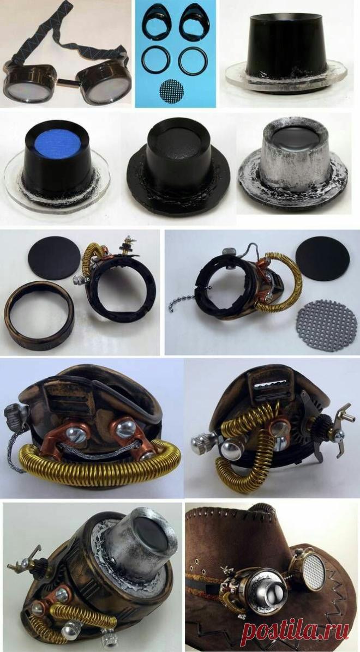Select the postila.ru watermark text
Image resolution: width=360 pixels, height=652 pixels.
296,631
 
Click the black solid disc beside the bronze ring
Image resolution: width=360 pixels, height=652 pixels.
54,258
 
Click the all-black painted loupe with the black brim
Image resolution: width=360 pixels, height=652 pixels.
178,171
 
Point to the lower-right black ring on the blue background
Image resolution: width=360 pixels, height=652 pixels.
193,61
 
